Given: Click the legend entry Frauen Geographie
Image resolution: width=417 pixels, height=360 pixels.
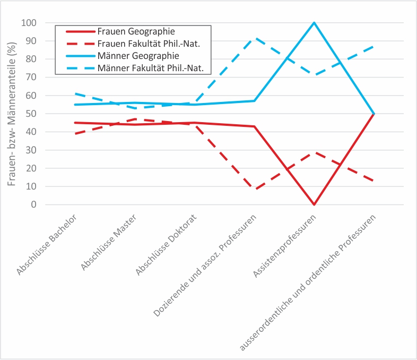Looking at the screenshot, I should (x=136, y=31).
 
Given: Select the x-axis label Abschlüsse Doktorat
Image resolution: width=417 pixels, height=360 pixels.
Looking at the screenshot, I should (x=167, y=245).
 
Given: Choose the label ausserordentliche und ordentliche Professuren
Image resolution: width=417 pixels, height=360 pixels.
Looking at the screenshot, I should (x=309, y=282).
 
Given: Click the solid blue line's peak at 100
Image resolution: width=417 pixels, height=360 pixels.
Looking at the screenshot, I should (x=315, y=23).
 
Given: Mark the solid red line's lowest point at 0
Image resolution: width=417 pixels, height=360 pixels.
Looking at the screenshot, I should (x=315, y=204).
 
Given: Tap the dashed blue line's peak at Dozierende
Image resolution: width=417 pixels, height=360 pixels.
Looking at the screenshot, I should (x=255, y=38).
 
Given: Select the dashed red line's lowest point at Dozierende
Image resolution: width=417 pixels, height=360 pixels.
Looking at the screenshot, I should (x=255, y=189).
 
